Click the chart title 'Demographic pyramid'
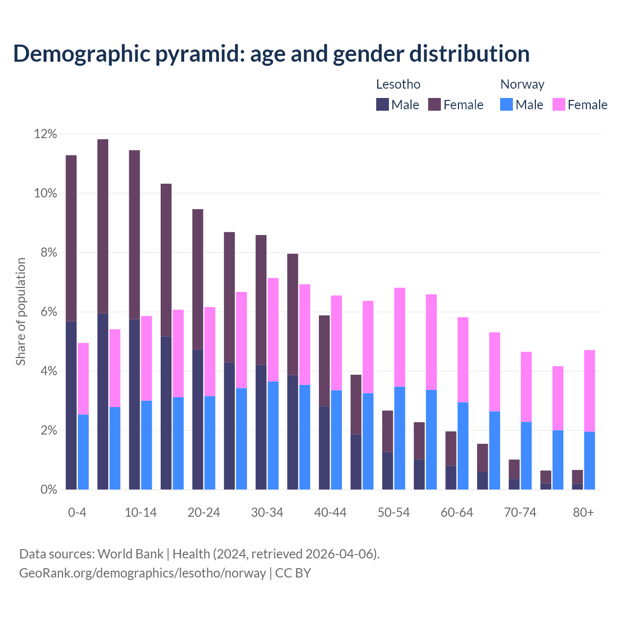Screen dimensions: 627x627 point(271,54)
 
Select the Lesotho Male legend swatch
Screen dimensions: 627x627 point(383,104)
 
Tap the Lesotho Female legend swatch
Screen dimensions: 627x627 point(434,104)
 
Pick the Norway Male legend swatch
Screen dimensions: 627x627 point(506,104)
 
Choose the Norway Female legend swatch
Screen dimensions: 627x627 point(559,104)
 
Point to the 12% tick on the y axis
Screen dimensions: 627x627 point(46,134)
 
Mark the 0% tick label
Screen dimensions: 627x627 point(48,490)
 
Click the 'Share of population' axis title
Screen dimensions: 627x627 point(21,312)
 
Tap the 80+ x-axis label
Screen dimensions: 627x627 point(583,513)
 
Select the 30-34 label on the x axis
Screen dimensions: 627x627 point(267,513)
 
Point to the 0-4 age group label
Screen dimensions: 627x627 point(77,513)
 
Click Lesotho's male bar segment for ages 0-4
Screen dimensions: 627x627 point(71,406)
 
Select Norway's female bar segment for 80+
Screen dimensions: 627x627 point(590,391)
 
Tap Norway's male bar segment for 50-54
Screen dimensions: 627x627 point(400,438)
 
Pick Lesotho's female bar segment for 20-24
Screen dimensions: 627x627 point(198,280)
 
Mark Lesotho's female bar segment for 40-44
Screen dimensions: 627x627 point(324,361)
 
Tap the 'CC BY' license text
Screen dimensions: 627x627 point(293,573)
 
